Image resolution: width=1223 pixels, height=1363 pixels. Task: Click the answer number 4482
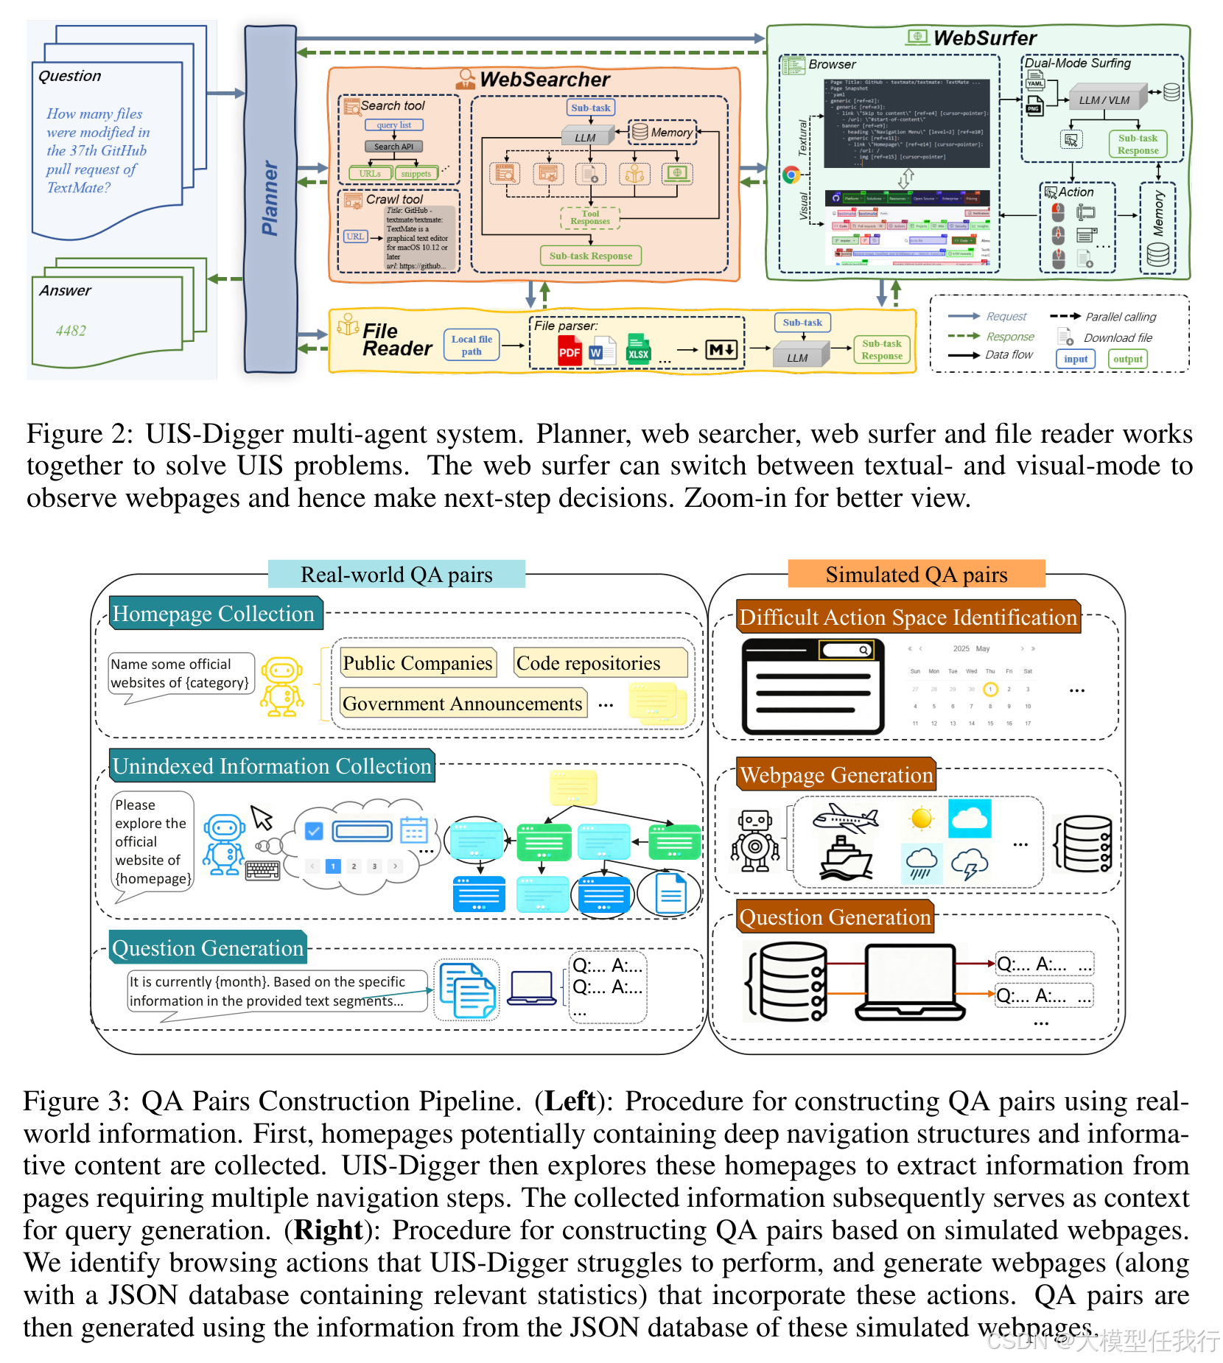coord(71,331)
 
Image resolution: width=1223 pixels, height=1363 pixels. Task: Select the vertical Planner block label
coord(270,199)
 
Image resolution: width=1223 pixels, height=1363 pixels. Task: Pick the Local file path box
coord(472,345)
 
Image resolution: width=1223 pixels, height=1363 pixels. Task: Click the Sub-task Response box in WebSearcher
coord(590,256)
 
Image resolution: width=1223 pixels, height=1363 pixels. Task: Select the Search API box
coord(393,147)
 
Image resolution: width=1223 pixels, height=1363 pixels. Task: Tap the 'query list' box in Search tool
coord(394,125)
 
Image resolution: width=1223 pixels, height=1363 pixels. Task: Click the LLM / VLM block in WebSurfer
coord(1104,100)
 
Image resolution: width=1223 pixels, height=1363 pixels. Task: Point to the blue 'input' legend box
coord(1076,359)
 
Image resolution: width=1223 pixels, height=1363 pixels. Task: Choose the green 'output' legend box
coord(1127,359)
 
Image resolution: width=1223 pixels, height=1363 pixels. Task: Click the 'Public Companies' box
coord(417,663)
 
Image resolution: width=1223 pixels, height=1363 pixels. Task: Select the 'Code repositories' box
coord(588,663)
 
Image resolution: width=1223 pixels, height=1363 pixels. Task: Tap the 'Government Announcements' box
coord(462,704)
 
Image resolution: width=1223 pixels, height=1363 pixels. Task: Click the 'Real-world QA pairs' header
coord(396,575)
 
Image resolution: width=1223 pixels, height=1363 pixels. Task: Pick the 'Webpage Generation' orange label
coord(836,775)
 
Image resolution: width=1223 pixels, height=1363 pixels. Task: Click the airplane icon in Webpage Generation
coord(845,817)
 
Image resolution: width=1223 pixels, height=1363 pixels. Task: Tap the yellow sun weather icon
coord(921,818)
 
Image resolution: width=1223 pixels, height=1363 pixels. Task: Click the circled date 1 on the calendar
coord(990,690)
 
